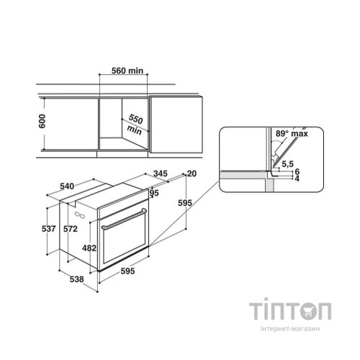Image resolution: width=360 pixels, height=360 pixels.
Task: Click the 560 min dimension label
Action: point(127,71)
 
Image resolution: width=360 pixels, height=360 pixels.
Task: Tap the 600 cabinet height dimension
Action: point(42,121)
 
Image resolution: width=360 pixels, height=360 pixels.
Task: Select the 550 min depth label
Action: point(135,125)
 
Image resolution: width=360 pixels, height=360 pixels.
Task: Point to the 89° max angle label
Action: point(292,133)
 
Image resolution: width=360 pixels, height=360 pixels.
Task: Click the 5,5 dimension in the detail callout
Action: point(287,164)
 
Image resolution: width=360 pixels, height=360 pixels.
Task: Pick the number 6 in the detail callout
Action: point(297,171)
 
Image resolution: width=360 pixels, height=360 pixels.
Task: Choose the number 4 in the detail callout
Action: point(297,179)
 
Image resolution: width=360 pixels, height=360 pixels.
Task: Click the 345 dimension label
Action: point(161,174)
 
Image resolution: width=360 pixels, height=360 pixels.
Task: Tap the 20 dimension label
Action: point(192,174)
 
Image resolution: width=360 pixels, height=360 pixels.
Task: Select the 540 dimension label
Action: point(67,186)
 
